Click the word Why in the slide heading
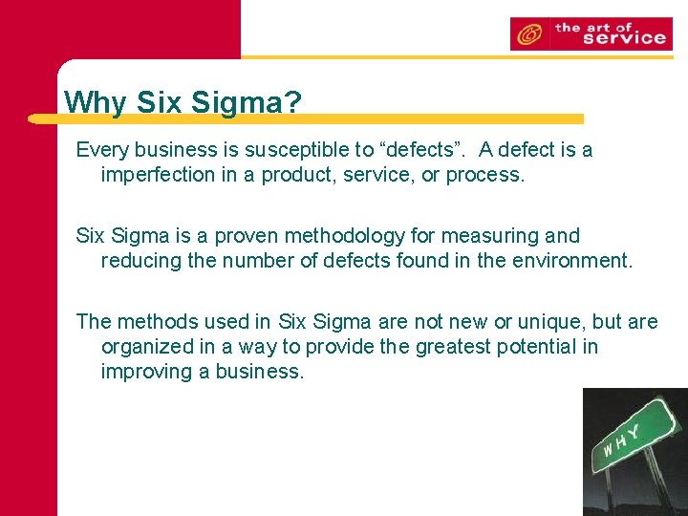(x=94, y=101)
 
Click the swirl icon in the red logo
(x=526, y=35)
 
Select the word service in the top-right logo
(x=623, y=38)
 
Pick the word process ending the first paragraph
(x=485, y=175)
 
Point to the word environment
(x=573, y=261)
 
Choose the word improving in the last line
(x=145, y=372)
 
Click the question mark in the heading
(x=291, y=101)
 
